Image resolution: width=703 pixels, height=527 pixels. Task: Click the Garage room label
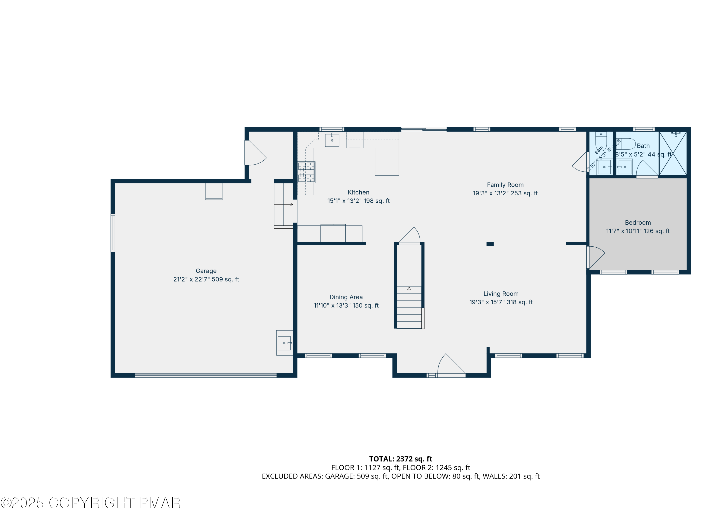[206, 271]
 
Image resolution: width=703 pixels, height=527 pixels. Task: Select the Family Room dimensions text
[505, 193]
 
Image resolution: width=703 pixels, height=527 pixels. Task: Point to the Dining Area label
[346, 297]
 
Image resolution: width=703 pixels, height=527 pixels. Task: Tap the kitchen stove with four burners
[306, 172]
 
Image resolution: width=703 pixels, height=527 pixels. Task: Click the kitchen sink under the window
[332, 140]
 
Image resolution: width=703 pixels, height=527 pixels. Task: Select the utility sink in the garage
[284, 343]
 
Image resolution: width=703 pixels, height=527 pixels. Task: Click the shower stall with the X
[673, 153]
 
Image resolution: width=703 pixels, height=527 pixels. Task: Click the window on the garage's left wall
[113, 233]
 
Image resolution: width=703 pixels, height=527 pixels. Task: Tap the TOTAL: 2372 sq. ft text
[400, 459]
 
